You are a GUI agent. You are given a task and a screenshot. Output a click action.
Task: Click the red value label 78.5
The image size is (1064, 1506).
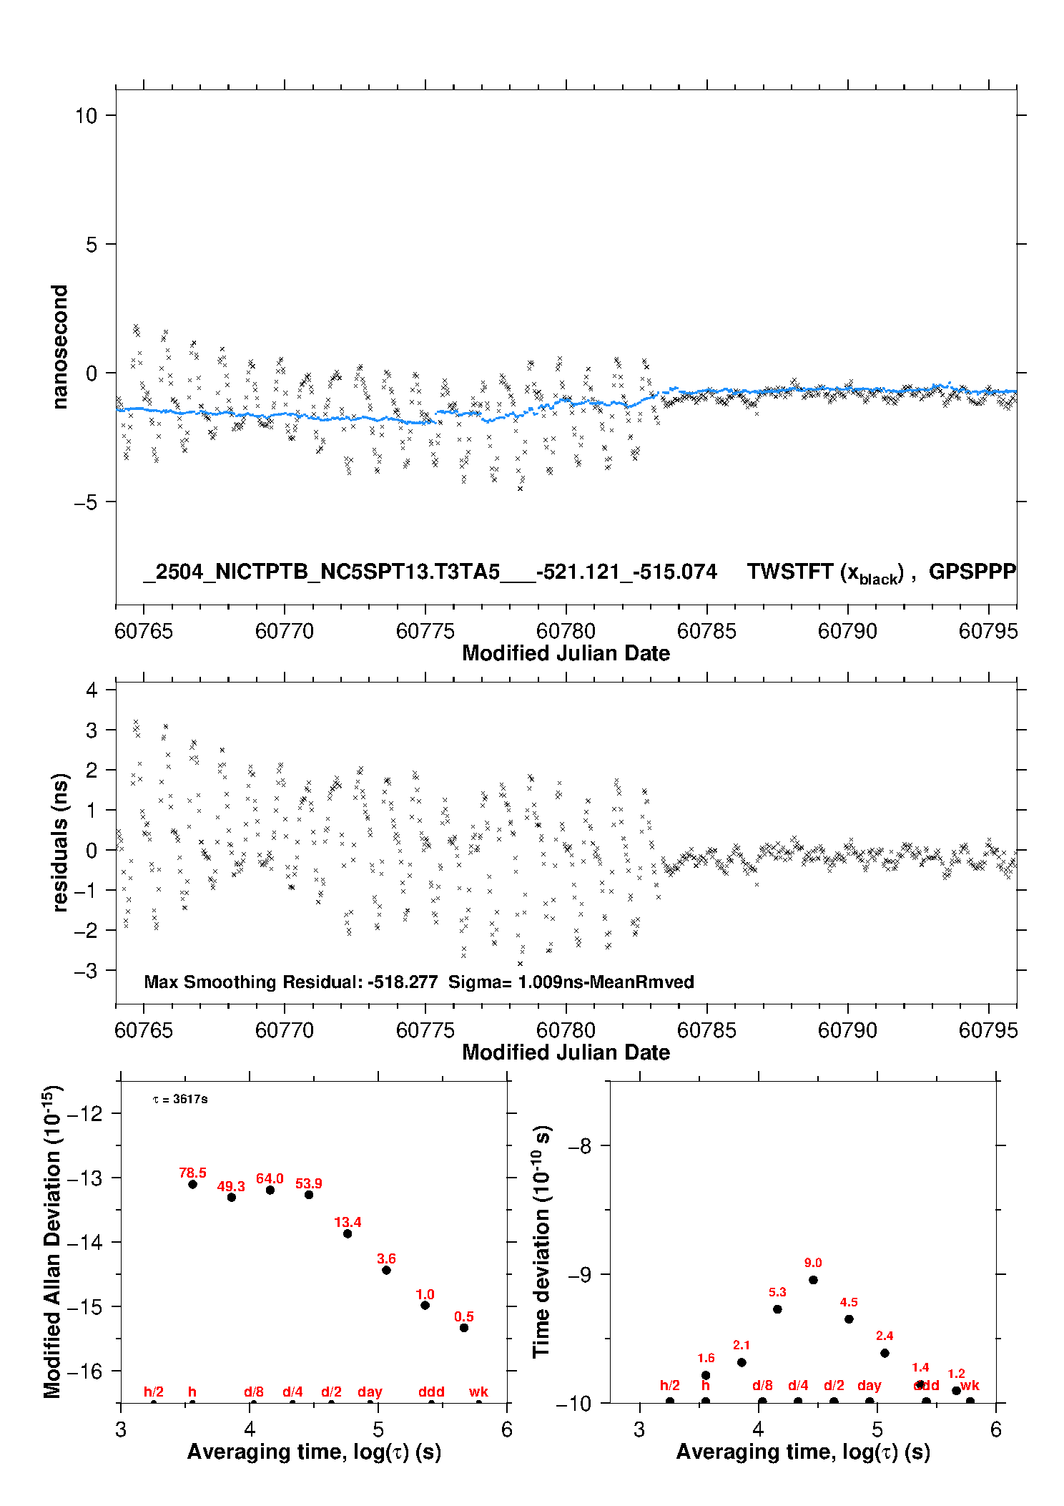[192, 1173]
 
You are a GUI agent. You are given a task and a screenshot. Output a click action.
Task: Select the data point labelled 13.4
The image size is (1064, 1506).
[348, 1233]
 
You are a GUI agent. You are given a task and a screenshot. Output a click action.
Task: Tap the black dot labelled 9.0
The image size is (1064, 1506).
[813, 1280]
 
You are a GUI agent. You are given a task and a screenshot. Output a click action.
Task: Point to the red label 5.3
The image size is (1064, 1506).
[777, 1292]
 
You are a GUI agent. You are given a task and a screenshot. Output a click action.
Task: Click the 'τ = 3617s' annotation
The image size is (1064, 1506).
[180, 1099]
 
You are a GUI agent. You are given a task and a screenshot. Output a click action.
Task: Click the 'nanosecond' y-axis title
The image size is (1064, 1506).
[59, 347]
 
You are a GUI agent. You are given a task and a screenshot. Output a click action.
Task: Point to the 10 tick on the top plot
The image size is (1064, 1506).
[86, 115]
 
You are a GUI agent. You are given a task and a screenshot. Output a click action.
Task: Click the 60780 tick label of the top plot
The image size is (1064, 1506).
[566, 631]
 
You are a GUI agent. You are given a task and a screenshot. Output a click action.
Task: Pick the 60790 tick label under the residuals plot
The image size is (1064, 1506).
[847, 1030]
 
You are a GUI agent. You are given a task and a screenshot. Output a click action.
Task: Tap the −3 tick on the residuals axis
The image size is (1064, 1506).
[86, 970]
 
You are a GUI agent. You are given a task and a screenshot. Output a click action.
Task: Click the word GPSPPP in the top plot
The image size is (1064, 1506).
[972, 572]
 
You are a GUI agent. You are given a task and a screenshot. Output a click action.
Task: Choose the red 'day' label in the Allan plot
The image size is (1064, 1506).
[370, 1392]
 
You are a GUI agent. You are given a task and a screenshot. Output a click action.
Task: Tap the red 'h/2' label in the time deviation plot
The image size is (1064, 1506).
[670, 1386]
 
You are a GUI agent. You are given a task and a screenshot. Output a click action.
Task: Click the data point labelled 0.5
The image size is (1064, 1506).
[464, 1328]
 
